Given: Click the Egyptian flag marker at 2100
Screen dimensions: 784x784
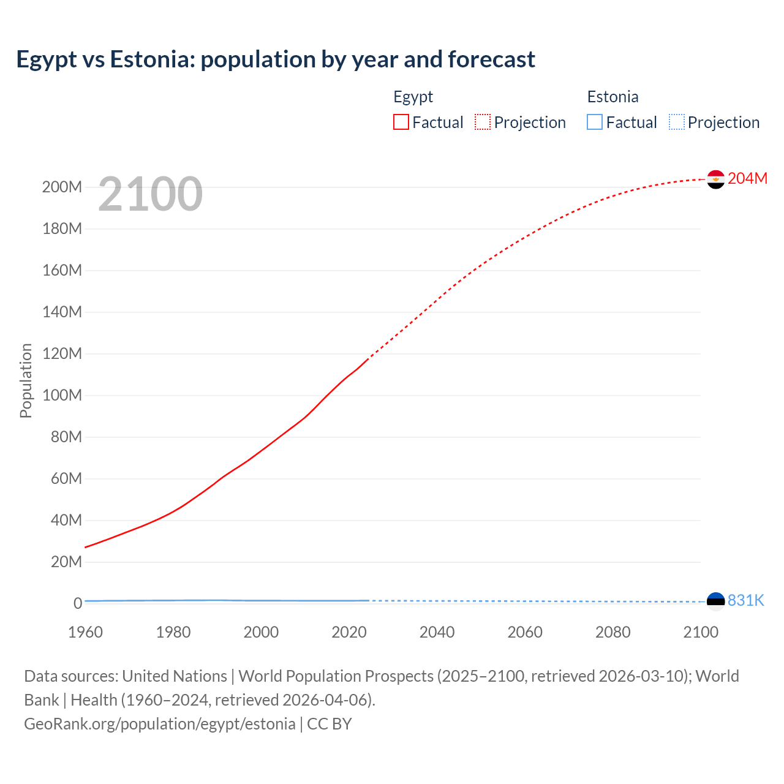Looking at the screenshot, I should [715, 179].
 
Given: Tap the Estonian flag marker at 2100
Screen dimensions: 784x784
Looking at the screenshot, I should [715, 601].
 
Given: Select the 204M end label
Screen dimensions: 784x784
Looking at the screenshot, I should [747, 178].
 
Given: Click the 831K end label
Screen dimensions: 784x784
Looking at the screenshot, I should [745, 600].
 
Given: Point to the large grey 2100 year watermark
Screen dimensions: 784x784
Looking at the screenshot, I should [150, 194].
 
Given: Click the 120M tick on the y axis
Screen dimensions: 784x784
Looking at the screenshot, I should [62, 353].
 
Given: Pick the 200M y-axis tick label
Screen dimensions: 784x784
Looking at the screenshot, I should [62, 187].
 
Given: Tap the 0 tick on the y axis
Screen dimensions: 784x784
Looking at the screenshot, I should [78, 603].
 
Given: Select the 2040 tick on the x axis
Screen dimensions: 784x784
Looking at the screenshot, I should [437, 632].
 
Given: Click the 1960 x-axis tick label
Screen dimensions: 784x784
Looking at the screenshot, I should [85, 632].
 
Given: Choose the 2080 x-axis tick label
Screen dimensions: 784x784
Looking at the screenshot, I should [612, 632].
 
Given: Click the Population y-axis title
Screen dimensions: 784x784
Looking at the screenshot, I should [26, 380].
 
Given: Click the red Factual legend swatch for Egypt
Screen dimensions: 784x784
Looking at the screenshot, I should [401, 122].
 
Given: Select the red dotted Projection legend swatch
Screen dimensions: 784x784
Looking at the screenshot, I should [483, 122].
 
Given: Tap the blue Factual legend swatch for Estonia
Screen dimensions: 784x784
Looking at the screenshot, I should [595, 122].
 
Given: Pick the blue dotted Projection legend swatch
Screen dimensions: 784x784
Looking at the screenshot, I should [677, 122].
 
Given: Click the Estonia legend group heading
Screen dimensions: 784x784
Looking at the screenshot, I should [612, 97].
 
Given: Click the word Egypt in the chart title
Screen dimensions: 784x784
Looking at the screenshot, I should [47, 59].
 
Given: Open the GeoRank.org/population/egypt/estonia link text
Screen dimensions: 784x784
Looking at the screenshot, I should [159, 724].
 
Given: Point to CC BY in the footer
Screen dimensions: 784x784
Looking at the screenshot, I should [330, 724].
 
